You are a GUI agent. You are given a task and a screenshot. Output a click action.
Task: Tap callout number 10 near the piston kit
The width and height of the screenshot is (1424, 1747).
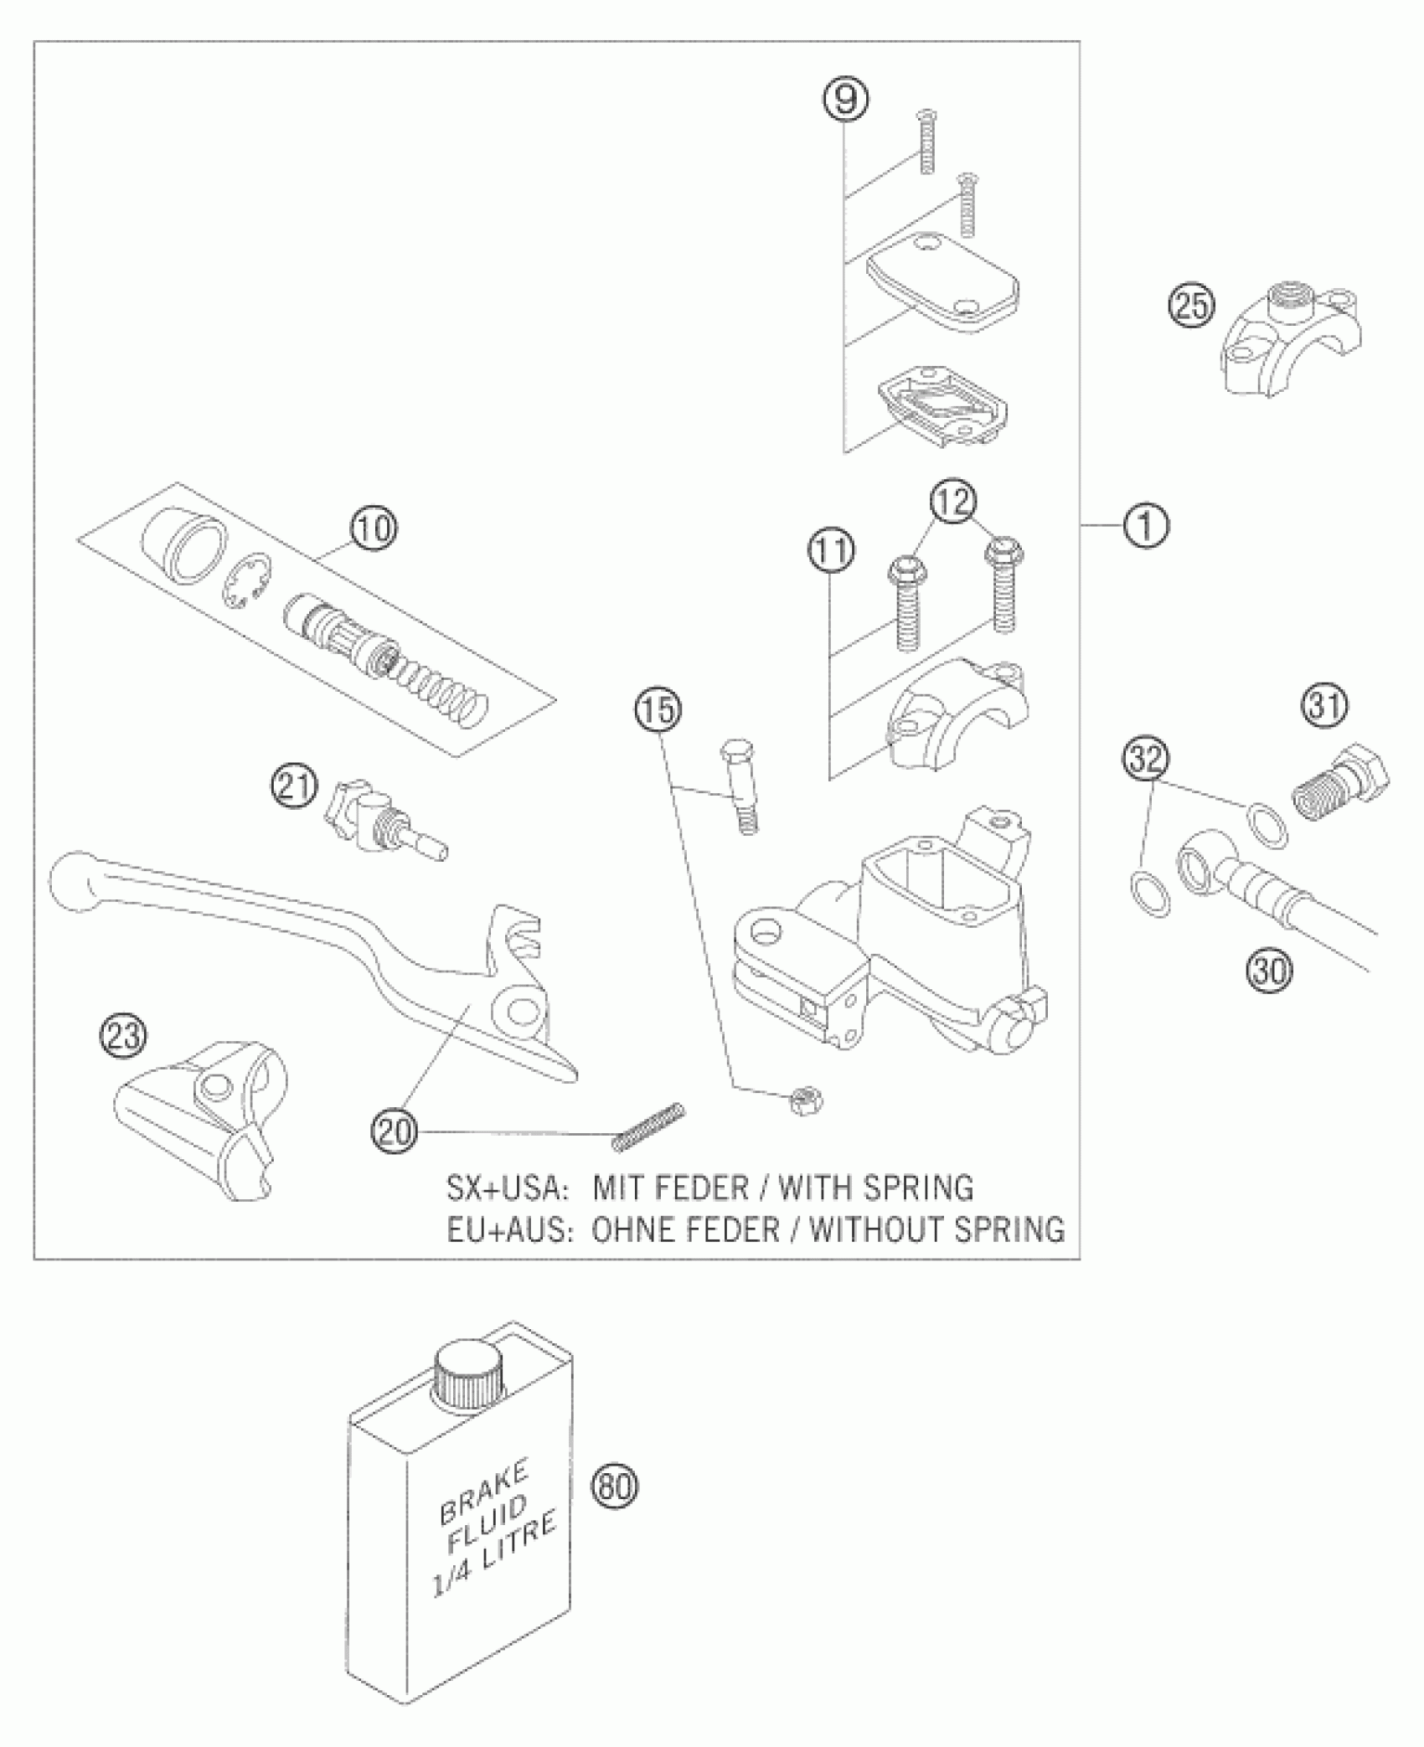[374, 528]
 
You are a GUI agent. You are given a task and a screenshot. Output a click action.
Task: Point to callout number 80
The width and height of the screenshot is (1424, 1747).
[615, 1486]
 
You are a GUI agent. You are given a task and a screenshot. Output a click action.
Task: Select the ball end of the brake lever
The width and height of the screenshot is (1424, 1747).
[74, 882]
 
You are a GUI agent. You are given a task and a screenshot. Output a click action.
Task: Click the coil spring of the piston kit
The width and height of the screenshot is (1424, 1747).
[442, 686]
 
